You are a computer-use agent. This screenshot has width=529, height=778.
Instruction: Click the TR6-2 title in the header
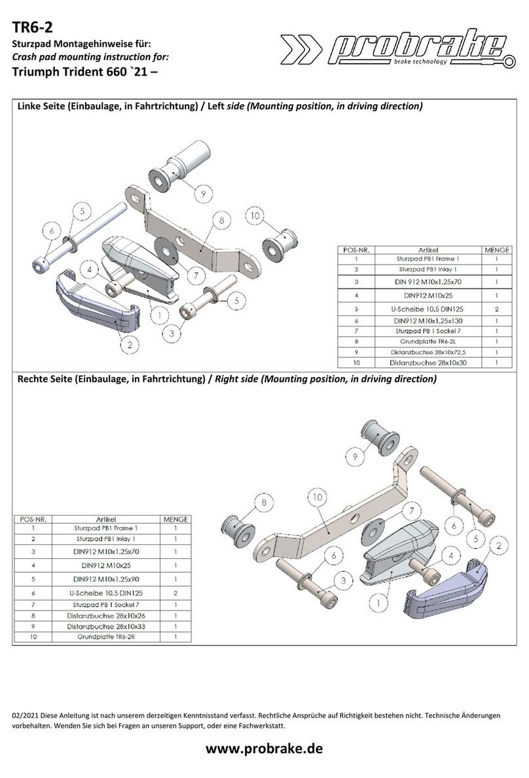coord(31,27)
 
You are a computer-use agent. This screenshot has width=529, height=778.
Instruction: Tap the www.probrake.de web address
coord(264,749)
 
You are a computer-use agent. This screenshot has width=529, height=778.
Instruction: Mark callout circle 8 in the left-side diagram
coord(221,221)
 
